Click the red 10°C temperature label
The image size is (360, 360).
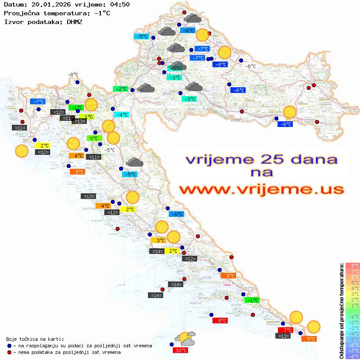(x=182, y=350)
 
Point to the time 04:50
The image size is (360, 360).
(x=120, y=4)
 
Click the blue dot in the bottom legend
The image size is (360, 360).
(x=10, y=346)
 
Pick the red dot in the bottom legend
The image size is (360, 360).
(x=10, y=352)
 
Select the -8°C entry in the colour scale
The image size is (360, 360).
(x=352, y=356)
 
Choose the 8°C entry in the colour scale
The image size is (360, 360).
(x=352, y=265)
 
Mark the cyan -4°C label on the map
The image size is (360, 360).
(x=121, y=115)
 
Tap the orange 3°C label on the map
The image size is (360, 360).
(x=158, y=240)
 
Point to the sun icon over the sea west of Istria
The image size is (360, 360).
(x=21, y=151)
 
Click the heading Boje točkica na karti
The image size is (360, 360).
(x=35, y=339)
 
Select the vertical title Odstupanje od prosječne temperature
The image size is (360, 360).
(x=341, y=310)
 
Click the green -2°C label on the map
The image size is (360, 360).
(x=120, y=89)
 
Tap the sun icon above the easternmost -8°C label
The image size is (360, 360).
(x=289, y=112)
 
